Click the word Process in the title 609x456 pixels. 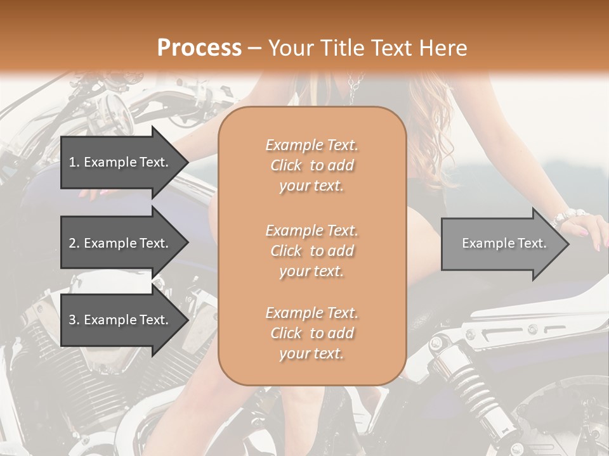pos(199,47)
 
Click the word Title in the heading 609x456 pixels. pos(346,48)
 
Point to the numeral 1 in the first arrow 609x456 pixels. pos(72,162)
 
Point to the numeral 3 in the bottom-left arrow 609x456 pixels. pos(72,320)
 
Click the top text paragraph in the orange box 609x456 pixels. pos(311,165)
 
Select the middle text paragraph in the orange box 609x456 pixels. pos(311,251)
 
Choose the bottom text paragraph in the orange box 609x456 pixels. pos(311,333)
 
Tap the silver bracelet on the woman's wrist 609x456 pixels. pos(564,217)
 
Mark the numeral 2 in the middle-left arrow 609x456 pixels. pos(72,243)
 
